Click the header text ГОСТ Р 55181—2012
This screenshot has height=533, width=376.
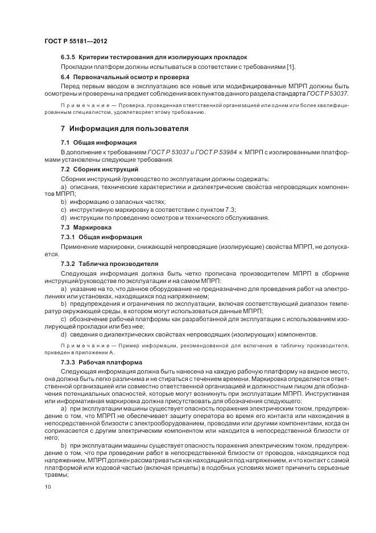(76, 42)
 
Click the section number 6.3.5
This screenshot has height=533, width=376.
(68, 58)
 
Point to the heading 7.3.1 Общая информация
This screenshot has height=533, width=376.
(102, 236)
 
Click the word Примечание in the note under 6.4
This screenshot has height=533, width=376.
(83, 106)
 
